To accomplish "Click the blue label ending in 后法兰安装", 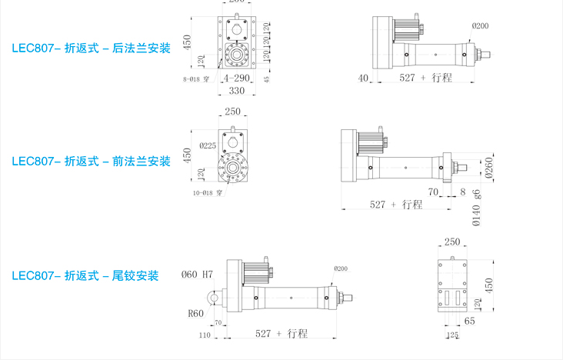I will pyautogui.click(x=91, y=48).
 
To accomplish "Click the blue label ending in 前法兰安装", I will pyautogui.click(x=91, y=162).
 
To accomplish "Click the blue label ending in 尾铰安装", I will pyautogui.click(x=85, y=275).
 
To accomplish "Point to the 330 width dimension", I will pyautogui.click(x=236, y=91).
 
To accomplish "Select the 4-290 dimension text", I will pyautogui.click(x=235, y=78).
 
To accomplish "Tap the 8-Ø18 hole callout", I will pyautogui.click(x=196, y=79).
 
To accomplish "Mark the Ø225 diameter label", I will pyautogui.click(x=207, y=145).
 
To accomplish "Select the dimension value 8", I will pyautogui.click(x=462, y=192).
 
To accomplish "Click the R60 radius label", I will pyautogui.click(x=196, y=313).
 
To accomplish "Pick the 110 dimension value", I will pyautogui.click(x=205, y=335).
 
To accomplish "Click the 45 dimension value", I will pyautogui.click(x=266, y=78).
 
